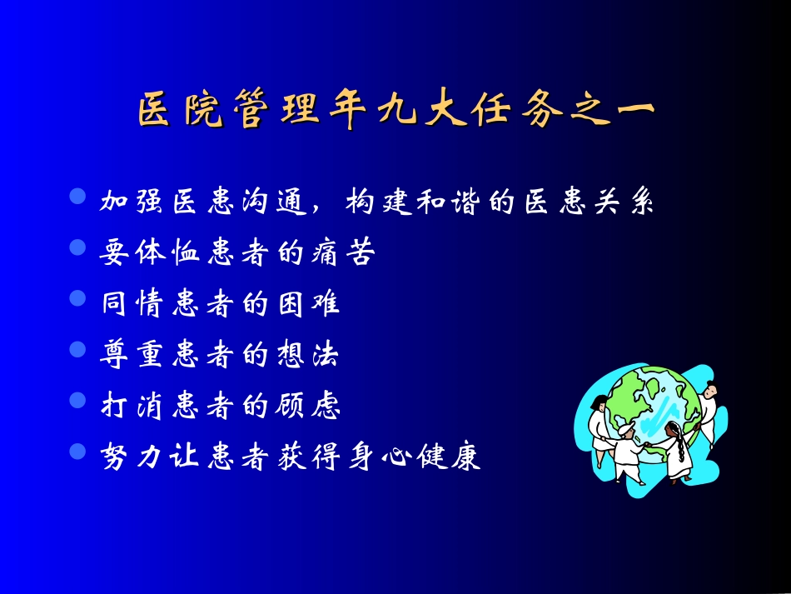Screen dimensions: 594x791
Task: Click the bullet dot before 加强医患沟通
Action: [78, 197]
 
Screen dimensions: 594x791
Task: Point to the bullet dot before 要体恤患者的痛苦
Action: [78, 248]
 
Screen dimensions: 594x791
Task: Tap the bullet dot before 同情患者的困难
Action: [78, 299]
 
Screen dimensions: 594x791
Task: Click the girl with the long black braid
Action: [675, 450]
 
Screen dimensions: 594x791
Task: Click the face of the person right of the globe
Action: [709, 390]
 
